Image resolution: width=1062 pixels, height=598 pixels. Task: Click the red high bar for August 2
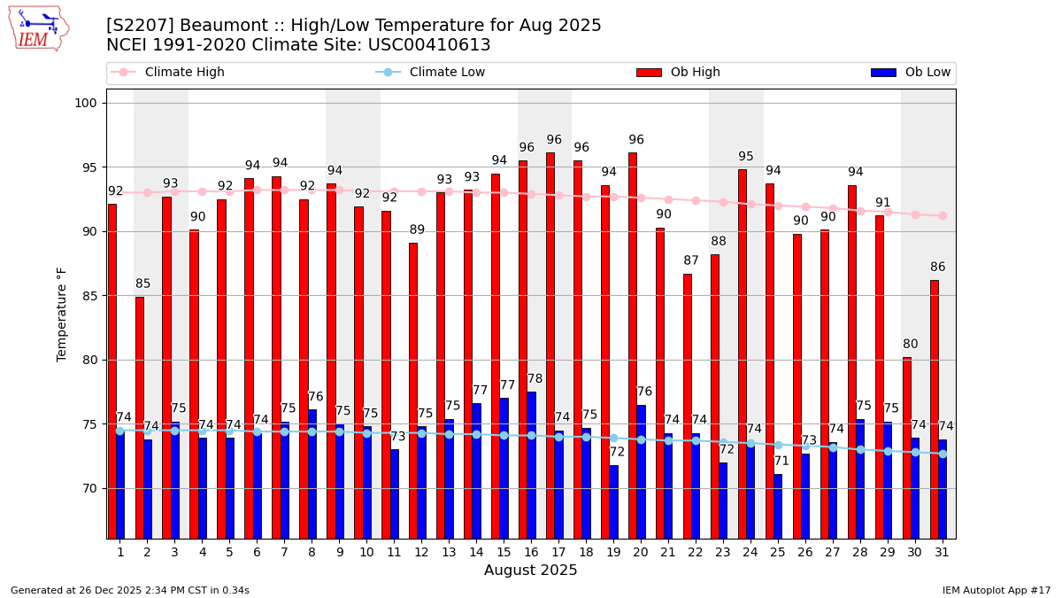(x=139, y=416)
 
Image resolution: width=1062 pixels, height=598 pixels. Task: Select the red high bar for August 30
(x=907, y=447)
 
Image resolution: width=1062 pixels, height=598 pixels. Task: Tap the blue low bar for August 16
(x=531, y=465)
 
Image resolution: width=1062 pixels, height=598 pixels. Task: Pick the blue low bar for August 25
(x=778, y=506)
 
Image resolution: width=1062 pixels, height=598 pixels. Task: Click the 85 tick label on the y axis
(x=88, y=296)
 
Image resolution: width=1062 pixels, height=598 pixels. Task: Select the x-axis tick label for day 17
(x=558, y=552)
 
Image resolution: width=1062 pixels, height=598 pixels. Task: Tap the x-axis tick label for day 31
(x=943, y=552)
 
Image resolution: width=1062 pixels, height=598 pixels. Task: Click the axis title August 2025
(x=530, y=571)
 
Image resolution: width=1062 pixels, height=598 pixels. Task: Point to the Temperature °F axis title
(x=62, y=314)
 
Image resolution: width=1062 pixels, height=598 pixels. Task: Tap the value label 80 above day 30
(x=911, y=345)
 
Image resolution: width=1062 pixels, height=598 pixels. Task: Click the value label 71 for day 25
(x=781, y=462)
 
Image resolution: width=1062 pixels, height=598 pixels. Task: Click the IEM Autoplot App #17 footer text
(x=996, y=590)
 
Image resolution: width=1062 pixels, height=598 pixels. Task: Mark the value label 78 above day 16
(x=535, y=379)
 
